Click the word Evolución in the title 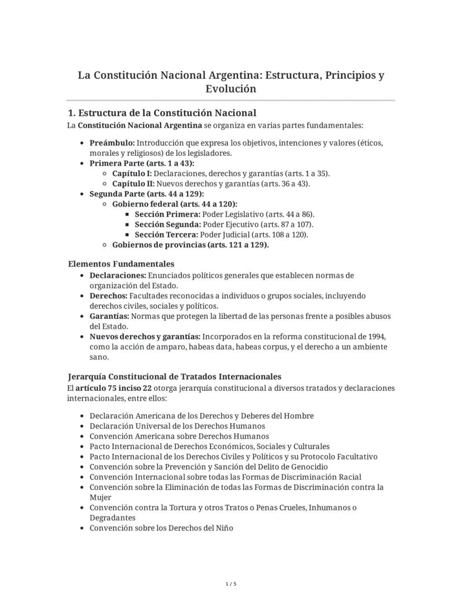(230, 89)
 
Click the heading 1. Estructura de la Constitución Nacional (161, 113)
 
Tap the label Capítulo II (133, 184)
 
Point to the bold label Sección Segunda (167, 224)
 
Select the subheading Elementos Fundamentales (121, 264)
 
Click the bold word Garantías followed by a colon (109, 316)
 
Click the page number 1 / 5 (231, 584)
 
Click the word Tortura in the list (162, 508)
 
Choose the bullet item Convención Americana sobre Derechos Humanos (179, 436)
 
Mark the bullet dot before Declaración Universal (83, 426)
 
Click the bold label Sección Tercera (166, 235)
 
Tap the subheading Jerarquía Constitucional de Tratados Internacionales (175, 376)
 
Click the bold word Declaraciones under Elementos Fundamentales (117, 275)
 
